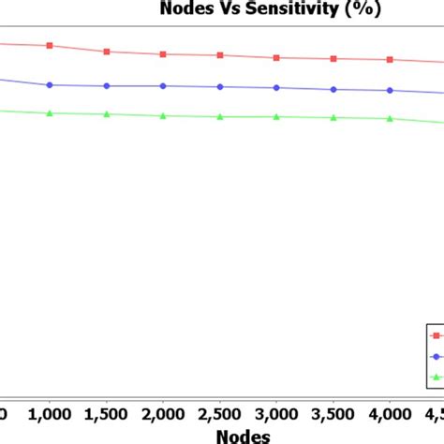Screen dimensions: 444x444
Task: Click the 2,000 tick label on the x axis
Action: pos(163,412)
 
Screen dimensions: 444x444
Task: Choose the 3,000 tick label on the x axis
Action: pos(276,412)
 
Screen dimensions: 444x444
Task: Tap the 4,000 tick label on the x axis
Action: pos(390,412)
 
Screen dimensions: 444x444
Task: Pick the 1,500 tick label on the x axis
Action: pos(107,412)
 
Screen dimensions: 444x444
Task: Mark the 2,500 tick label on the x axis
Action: pos(220,412)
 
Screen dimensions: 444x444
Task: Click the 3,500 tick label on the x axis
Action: pos(333,412)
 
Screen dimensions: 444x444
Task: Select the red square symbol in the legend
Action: pos(436,335)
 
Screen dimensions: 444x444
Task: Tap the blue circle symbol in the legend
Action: pos(436,357)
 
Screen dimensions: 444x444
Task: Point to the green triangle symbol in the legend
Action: pos(436,378)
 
